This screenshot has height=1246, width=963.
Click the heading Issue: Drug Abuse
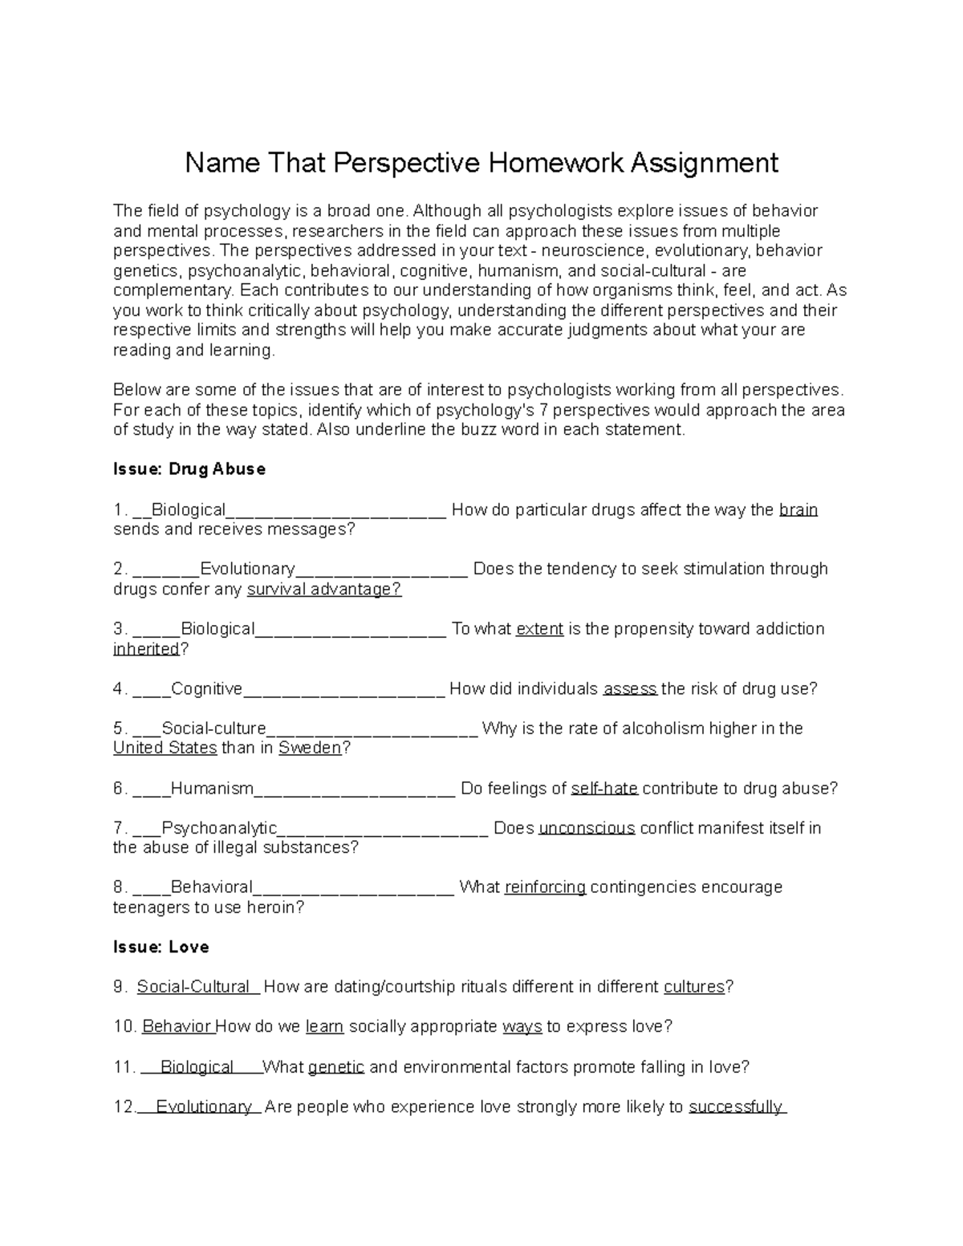point(189,469)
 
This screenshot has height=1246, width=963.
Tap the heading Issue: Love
point(161,948)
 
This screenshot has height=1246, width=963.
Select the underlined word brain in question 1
point(798,510)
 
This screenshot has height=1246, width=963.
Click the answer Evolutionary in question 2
point(247,570)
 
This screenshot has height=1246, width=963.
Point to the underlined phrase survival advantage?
point(324,590)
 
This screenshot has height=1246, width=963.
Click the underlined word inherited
point(146,649)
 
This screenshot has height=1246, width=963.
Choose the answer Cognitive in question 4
point(206,689)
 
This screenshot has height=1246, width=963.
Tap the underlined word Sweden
point(310,749)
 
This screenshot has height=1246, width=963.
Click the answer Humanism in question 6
point(212,789)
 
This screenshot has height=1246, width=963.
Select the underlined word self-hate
point(604,789)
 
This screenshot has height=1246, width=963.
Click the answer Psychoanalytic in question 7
point(219,828)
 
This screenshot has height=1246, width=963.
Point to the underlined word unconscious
point(587,828)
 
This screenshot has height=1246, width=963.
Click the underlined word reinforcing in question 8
point(545,887)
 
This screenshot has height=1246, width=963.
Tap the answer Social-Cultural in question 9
point(193,987)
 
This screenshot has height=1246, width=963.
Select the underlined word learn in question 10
point(325,1027)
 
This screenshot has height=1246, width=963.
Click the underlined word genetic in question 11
point(336,1067)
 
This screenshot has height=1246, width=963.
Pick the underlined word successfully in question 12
point(736,1107)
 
